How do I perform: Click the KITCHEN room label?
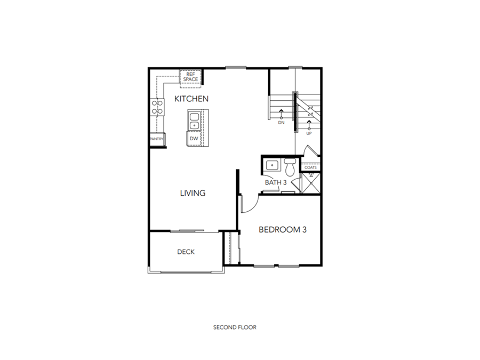[191, 99]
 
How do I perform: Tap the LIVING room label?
[193, 193]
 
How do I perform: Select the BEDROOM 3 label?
[282, 230]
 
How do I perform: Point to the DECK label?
[186, 252]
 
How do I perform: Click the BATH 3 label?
[276, 182]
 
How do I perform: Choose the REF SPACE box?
[190, 77]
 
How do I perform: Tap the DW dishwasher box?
[194, 139]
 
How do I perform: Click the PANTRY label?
[157, 139]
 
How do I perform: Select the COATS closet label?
[310, 167]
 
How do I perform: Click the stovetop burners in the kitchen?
[157, 108]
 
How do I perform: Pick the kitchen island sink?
[194, 121]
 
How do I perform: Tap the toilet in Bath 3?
[290, 167]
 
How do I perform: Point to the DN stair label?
[282, 123]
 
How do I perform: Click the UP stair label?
[309, 133]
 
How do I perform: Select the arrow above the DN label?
[282, 113]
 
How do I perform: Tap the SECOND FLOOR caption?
[235, 327]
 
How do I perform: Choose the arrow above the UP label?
[309, 125]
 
